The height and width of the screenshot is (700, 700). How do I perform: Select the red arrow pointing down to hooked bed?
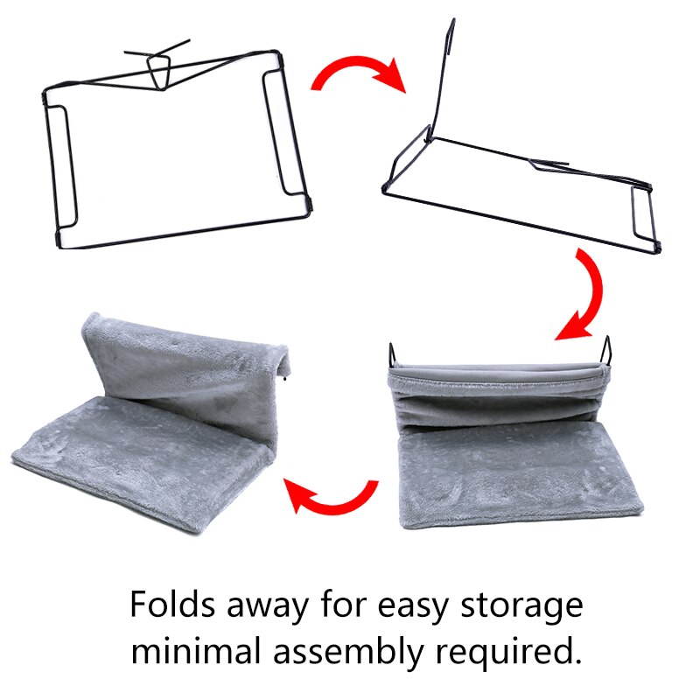click(584, 295)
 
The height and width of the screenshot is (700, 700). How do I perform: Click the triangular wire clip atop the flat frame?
click(160, 70)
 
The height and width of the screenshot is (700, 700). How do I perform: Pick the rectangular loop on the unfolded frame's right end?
click(643, 214)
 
